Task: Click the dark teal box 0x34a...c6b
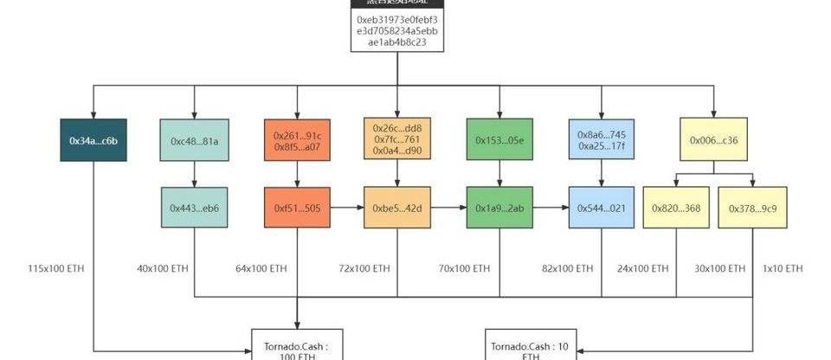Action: point(93,140)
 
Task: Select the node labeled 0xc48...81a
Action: point(194,140)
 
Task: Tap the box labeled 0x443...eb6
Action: point(194,208)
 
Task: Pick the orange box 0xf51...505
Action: point(297,208)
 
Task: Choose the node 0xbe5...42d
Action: point(397,208)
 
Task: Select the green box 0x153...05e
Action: point(499,140)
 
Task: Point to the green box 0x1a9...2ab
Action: point(499,208)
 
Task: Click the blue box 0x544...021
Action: point(601,208)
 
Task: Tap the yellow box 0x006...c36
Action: point(714,140)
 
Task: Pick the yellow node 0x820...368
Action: point(677,208)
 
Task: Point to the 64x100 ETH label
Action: point(261,269)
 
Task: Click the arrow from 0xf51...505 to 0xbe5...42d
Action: point(347,208)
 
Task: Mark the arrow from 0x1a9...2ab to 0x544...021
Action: point(550,208)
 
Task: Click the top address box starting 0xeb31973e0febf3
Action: point(397,29)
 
